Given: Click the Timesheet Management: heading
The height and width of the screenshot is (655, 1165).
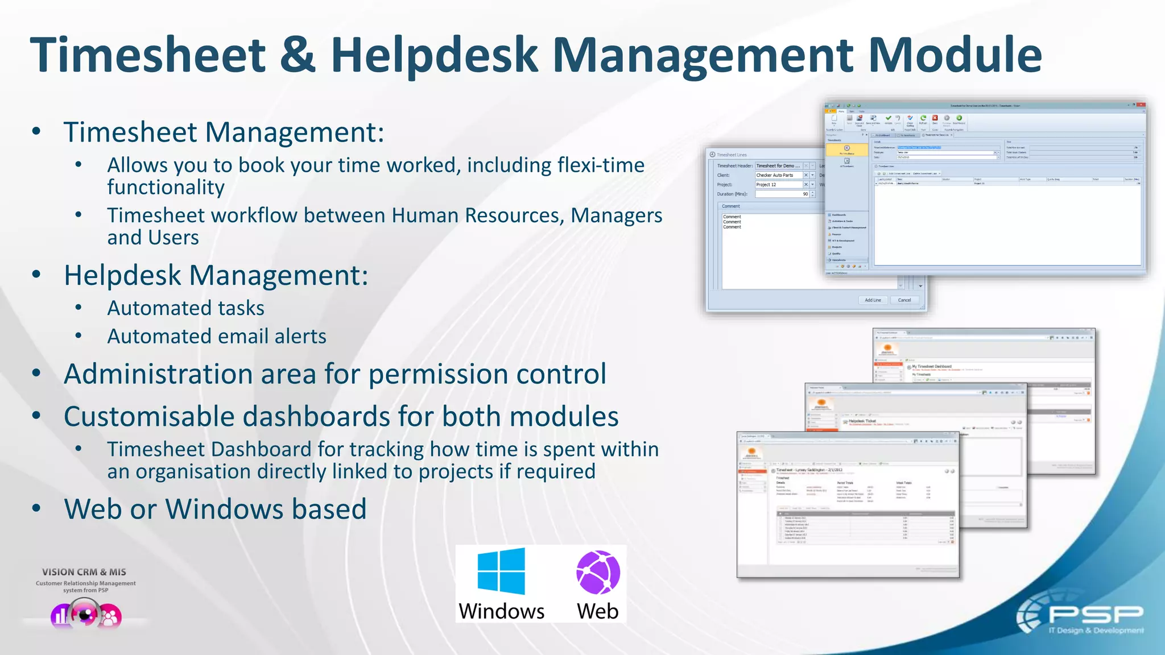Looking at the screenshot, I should (224, 132).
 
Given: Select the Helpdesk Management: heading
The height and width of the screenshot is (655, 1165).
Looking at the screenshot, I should (216, 275).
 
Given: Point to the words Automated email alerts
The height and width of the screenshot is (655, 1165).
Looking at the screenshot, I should (217, 336).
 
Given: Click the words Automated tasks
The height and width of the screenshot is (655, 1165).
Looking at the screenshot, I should (185, 308).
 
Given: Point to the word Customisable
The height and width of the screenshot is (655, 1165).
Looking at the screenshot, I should (149, 416).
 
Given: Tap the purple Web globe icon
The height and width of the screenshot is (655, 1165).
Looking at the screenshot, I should (598, 573).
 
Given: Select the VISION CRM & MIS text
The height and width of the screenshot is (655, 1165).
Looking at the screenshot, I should (84, 572).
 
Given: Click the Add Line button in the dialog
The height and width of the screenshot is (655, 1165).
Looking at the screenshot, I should (873, 300).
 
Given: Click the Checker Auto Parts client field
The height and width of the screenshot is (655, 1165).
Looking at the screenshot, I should (778, 175).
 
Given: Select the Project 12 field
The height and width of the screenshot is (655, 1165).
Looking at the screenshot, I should (778, 185).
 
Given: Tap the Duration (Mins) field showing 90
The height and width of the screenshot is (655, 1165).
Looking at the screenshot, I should (782, 194).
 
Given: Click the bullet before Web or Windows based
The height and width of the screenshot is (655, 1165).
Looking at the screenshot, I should (36, 509).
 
